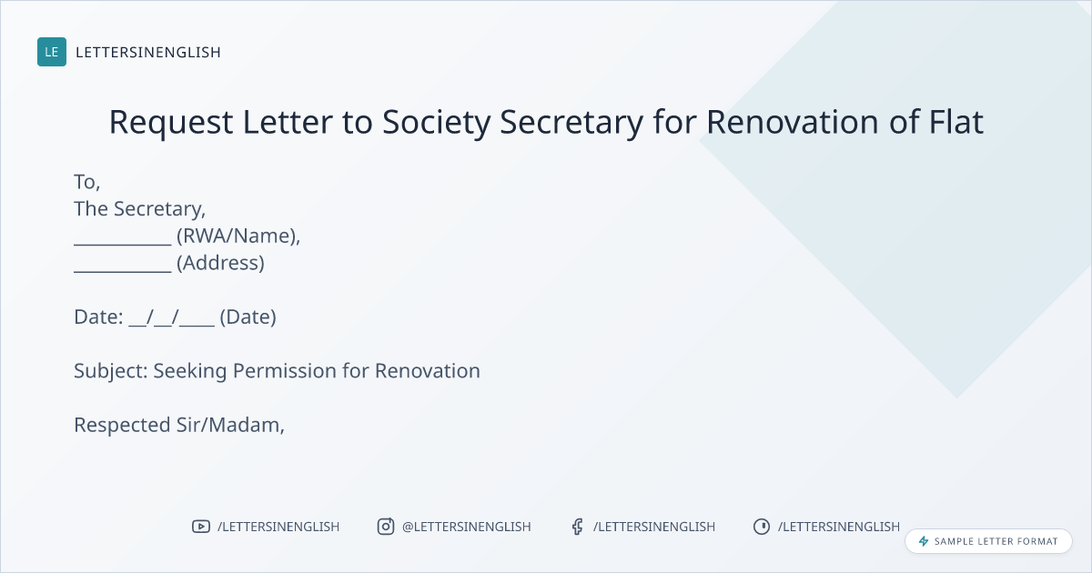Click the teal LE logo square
coord(52,52)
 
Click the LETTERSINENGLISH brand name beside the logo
coord(148,52)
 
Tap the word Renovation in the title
coord(793,121)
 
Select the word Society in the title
coord(436,122)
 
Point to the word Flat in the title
coord(956,121)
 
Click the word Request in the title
coord(171,122)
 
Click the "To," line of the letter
coord(86,182)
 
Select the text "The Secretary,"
coord(140,208)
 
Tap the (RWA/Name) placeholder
coord(237,236)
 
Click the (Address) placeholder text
coord(220,263)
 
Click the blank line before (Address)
coord(123,271)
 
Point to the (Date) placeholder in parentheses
coord(248,317)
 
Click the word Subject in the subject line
coord(111,371)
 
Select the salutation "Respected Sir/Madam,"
coord(179,425)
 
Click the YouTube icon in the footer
coord(201,527)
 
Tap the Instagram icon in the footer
coord(386,527)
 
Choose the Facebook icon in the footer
coord(577,527)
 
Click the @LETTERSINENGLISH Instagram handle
coord(467,527)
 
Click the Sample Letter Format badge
coord(988,541)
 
